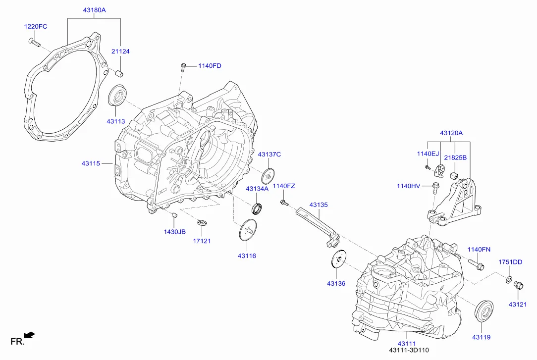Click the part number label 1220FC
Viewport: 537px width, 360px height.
tap(36, 27)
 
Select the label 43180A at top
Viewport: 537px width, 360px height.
tap(94, 9)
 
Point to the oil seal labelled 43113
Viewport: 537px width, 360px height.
tap(117, 96)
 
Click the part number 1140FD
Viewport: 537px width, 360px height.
tap(210, 66)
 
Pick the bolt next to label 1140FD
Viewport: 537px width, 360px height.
tap(183, 65)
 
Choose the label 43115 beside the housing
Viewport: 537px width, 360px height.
tap(91, 163)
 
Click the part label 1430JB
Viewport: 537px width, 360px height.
tap(175, 232)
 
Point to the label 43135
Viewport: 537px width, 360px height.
tap(319, 205)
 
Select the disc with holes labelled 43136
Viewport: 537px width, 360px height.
tap(338, 259)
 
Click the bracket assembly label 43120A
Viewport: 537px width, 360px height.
tap(451, 133)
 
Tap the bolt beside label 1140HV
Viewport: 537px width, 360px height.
tap(436, 187)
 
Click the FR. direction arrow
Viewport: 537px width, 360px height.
tap(30, 336)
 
